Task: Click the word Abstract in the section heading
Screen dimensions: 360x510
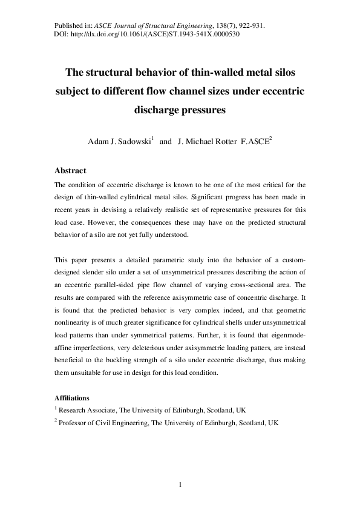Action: coord(70,171)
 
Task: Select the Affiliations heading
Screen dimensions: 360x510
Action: coord(72,399)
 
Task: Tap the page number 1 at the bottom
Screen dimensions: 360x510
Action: coord(180,485)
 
